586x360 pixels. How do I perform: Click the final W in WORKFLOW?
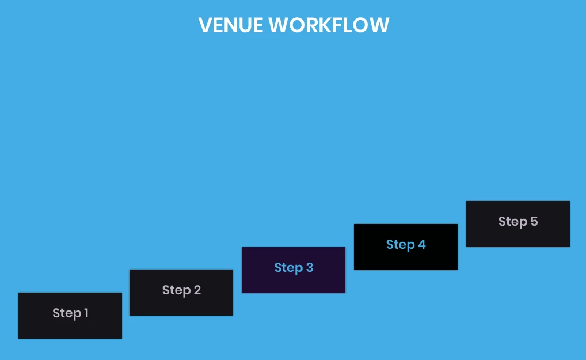pyautogui.click(x=379, y=25)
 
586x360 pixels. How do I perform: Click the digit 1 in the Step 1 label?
pyautogui.click(x=86, y=313)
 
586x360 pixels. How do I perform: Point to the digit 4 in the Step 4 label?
pyautogui.click(x=422, y=245)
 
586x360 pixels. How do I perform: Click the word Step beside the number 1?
pyautogui.click(x=66, y=313)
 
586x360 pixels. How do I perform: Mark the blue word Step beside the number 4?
pyautogui.click(x=400, y=245)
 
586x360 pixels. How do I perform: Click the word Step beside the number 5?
pyautogui.click(x=512, y=222)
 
